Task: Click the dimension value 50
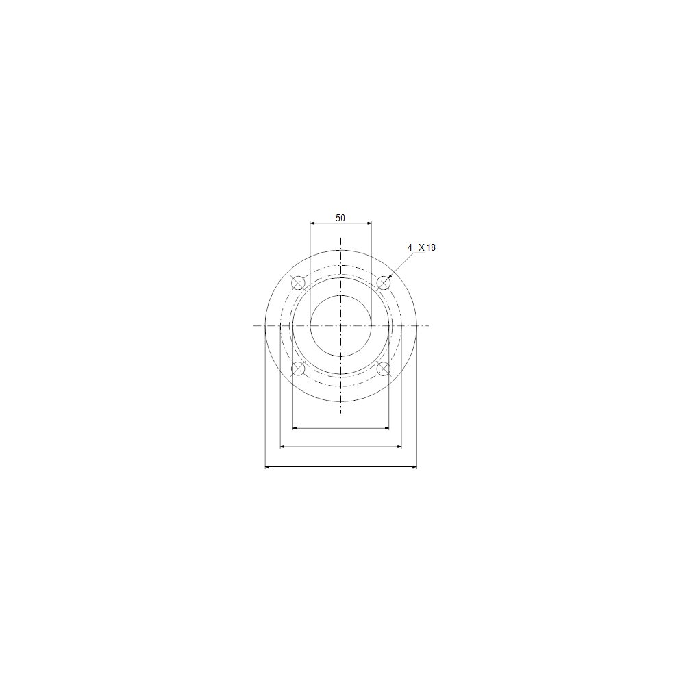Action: (x=340, y=218)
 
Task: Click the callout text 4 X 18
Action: (x=421, y=248)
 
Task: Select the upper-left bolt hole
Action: (x=299, y=283)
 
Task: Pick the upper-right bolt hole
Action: (x=383, y=283)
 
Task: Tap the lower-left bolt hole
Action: (x=299, y=369)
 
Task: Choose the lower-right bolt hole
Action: (x=383, y=369)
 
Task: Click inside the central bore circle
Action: (x=340, y=325)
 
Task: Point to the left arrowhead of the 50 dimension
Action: (x=312, y=223)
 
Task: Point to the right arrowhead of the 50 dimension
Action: (x=369, y=223)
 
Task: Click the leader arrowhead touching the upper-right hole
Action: (x=390, y=276)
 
